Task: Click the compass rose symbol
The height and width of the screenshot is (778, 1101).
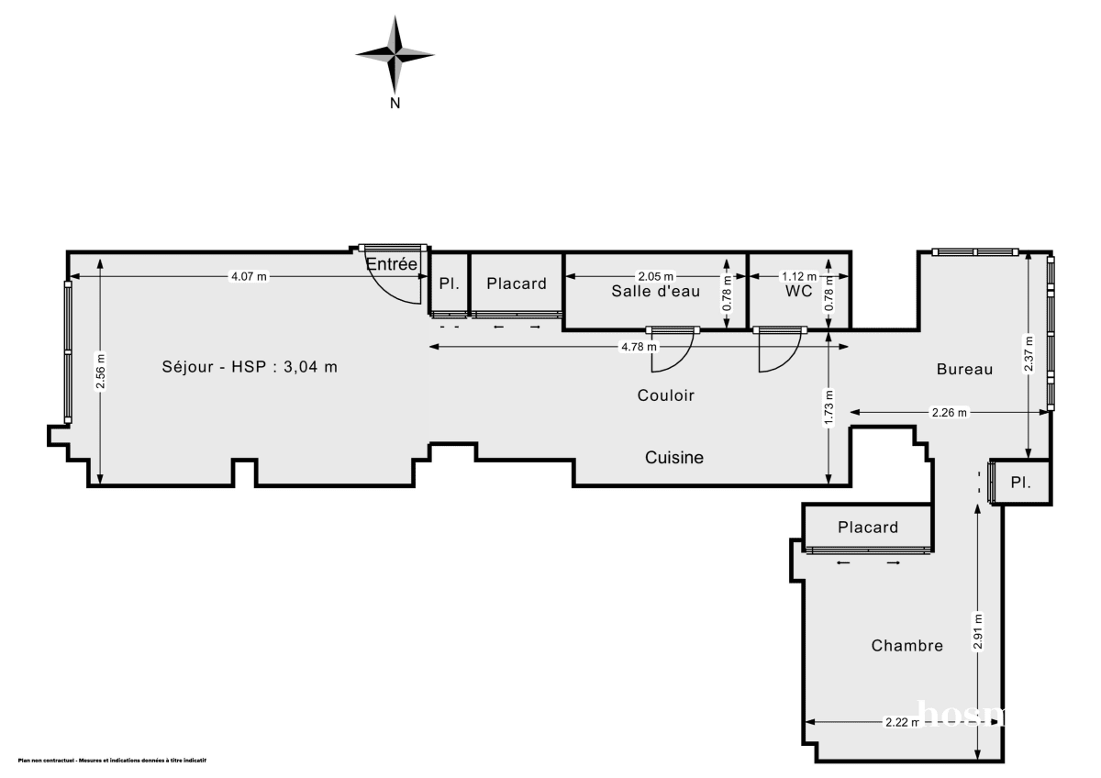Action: coord(395,54)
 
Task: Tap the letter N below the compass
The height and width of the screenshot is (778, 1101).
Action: coord(395,104)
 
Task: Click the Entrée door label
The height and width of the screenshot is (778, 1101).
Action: coord(392,264)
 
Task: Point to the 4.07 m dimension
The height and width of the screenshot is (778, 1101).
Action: coord(249,276)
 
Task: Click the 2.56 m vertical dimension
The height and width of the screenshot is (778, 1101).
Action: coord(100,372)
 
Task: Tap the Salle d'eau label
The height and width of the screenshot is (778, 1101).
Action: coord(656,292)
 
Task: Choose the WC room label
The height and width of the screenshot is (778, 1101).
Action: coord(798,292)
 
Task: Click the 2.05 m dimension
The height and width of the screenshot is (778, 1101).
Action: coord(656,276)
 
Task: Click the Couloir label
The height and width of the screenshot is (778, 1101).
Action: coord(666,395)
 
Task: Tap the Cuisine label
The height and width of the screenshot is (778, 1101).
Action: coord(674,457)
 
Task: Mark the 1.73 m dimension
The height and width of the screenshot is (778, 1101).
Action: coord(829,407)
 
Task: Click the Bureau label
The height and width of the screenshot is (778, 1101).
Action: coord(964,369)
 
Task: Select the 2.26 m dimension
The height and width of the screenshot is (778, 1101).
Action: coord(949,413)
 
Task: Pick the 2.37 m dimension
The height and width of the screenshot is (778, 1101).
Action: coord(1029,353)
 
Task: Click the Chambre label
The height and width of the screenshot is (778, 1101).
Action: coord(906,646)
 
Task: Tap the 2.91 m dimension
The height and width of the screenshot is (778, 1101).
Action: coord(979,631)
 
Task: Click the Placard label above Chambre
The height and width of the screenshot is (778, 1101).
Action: coord(868,528)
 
